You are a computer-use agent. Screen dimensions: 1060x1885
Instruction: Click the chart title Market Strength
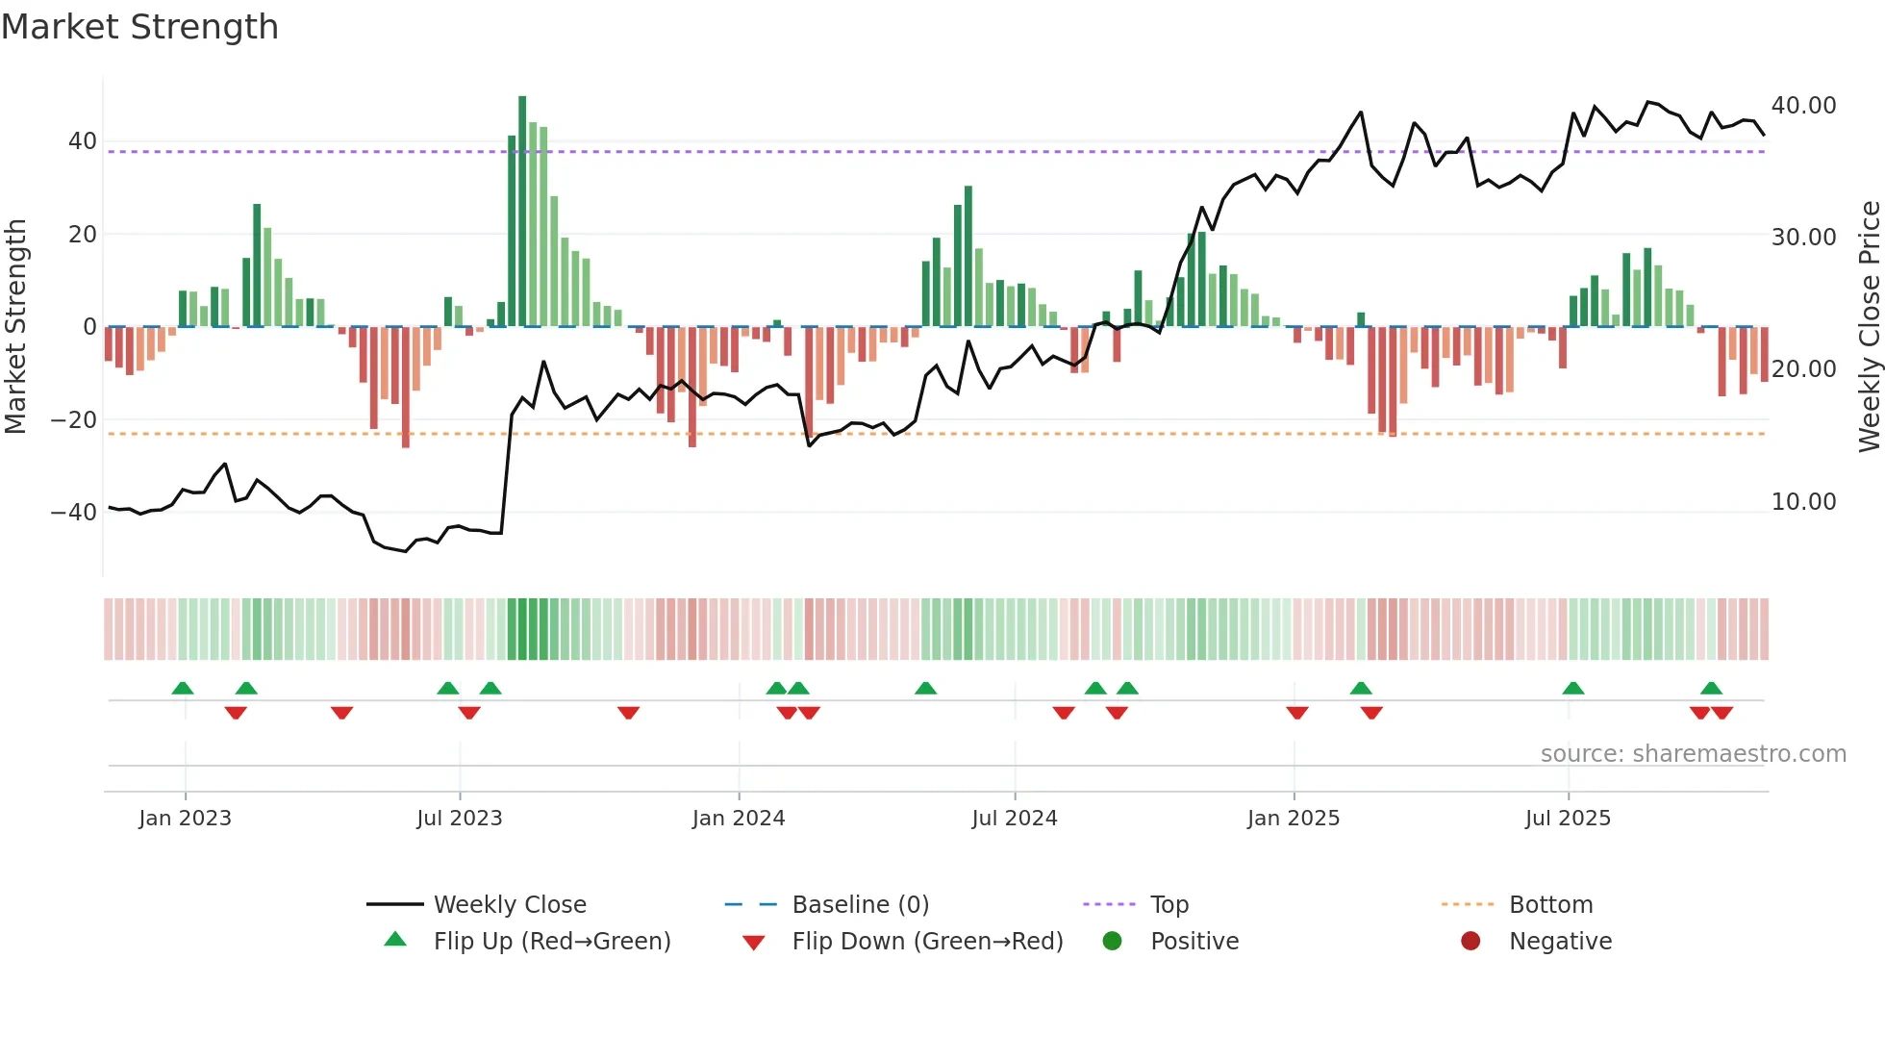pyautogui.click(x=139, y=27)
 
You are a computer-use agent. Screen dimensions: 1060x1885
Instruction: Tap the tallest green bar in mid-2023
pyautogui.click(x=522, y=212)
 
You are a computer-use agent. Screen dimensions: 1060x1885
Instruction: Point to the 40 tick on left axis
pyautogui.click(x=83, y=141)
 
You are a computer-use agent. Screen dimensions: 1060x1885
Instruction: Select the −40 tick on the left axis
pyautogui.click(x=74, y=513)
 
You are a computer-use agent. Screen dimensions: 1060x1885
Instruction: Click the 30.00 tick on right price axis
pyautogui.click(x=1803, y=238)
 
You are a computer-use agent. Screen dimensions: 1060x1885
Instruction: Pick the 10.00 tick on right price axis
pyautogui.click(x=1803, y=502)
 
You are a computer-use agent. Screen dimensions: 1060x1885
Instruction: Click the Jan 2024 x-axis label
pyautogui.click(x=738, y=819)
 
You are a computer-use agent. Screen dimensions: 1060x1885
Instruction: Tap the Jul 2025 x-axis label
pyautogui.click(x=1567, y=819)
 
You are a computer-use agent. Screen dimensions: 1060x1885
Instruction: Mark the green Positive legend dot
pyautogui.click(x=1112, y=942)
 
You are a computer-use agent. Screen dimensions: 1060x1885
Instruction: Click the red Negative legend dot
pyautogui.click(x=1470, y=942)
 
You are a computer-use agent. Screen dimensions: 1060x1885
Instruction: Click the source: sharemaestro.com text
pyautogui.click(x=1693, y=754)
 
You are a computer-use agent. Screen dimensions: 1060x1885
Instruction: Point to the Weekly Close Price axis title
pyautogui.click(x=1869, y=327)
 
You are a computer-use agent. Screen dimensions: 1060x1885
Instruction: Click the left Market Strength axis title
pyautogui.click(x=15, y=327)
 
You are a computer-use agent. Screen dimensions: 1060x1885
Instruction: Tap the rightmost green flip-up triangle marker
pyautogui.click(x=1711, y=689)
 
